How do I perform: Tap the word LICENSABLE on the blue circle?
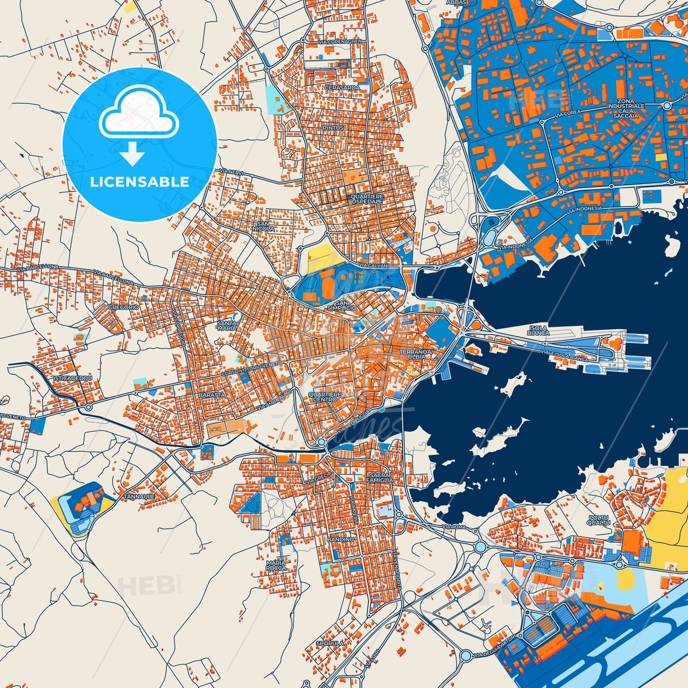(140, 181)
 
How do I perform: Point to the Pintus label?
(332, 128)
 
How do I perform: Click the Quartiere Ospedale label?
(367, 199)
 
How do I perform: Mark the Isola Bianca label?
(538, 330)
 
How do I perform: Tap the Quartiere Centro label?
(325, 397)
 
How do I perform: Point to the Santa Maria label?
(227, 325)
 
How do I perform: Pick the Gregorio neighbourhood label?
(123, 308)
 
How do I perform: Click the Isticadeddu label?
(72, 378)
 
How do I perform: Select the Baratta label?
(212, 395)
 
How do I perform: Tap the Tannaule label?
(139, 497)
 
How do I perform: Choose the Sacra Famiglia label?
(380, 478)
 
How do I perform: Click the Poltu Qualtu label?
(599, 520)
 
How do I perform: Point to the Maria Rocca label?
(276, 565)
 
